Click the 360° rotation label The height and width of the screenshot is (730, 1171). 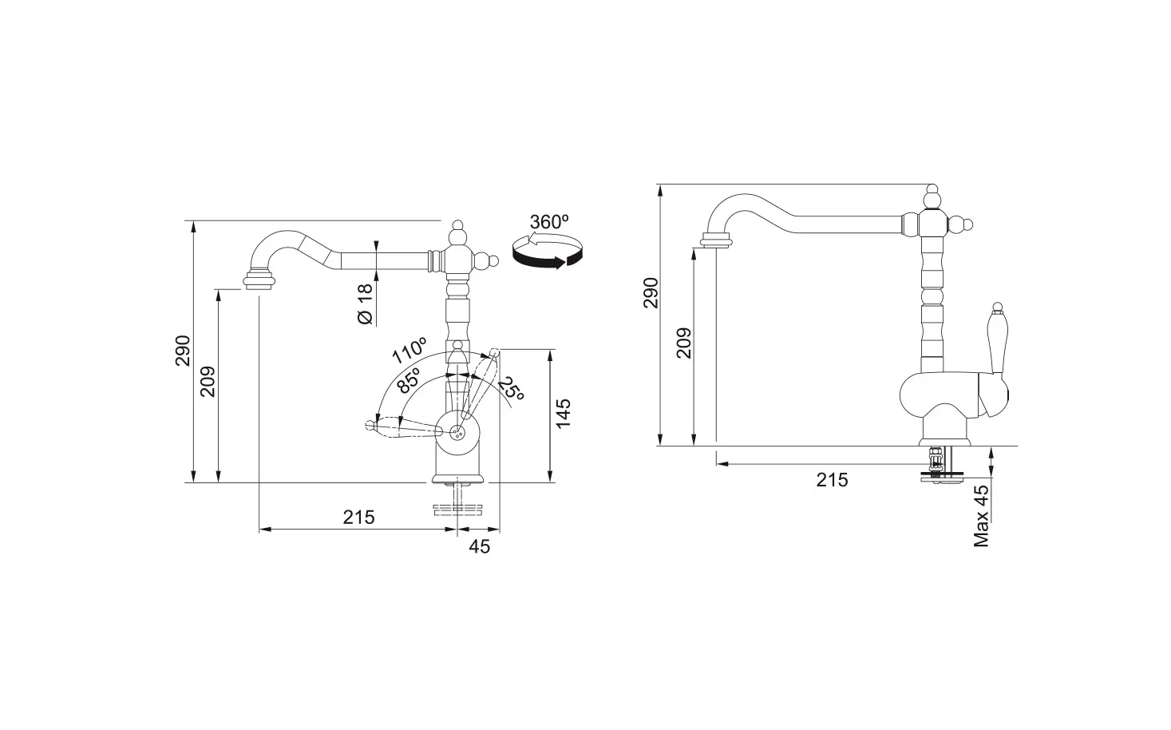coord(548,223)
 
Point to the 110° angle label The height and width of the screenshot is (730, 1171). coord(409,352)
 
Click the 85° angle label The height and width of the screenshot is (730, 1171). coord(408,381)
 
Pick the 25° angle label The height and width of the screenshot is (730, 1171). coord(511,389)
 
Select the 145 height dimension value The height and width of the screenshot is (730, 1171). coord(564,415)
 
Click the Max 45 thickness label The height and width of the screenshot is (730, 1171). coord(982,515)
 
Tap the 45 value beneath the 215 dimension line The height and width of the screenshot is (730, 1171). coord(479,546)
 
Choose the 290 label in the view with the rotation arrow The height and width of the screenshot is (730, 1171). coord(183,351)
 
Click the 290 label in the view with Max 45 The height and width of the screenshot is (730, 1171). coord(651,293)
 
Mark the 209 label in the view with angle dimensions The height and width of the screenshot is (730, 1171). coord(207,383)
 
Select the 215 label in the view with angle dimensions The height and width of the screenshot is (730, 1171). coord(358,517)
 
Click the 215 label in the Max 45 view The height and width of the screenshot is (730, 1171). coord(832,479)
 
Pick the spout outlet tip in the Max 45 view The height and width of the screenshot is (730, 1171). coord(716,240)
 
